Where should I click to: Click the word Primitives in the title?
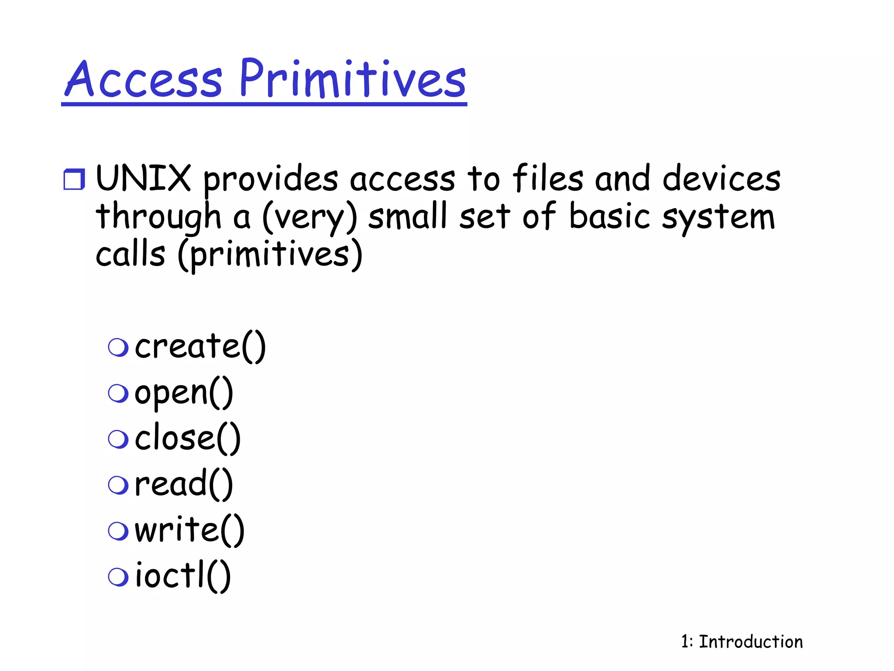click(353, 80)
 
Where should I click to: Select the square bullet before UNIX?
click(74, 179)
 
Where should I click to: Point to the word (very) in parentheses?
click(309, 217)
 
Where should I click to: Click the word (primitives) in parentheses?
click(270, 255)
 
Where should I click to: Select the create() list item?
click(200, 346)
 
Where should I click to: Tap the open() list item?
click(183, 393)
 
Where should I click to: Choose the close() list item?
click(187, 439)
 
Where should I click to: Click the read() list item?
click(183, 484)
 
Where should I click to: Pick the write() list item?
click(189, 530)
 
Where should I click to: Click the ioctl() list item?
click(182, 576)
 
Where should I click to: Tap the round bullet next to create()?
click(118, 347)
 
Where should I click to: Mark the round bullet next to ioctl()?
click(118, 577)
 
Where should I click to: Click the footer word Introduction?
click(751, 642)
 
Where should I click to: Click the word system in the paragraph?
click(718, 217)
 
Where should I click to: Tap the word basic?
click(610, 217)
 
